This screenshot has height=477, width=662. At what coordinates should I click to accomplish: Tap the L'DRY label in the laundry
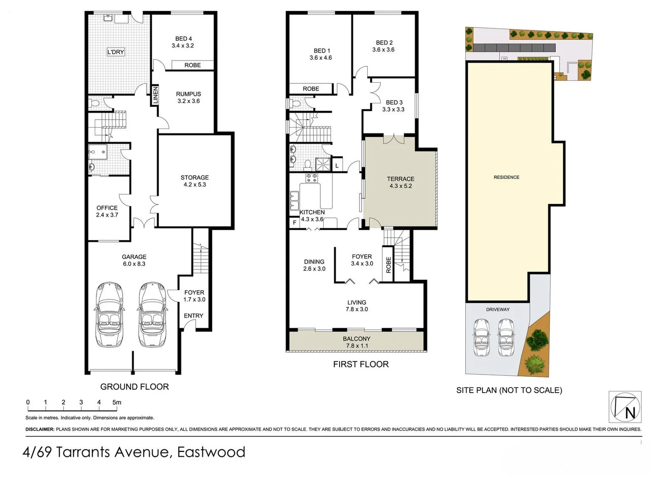[x=116, y=52]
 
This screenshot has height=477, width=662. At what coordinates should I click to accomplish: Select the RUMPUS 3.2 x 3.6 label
[x=188, y=97]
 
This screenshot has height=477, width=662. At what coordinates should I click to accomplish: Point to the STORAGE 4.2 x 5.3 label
[x=194, y=181]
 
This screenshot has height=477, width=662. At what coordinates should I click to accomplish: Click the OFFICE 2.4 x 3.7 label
[x=107, y=211]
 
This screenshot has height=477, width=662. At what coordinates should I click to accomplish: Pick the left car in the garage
[x=109, y=314]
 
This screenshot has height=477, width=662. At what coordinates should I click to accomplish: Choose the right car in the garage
[x=152, y=314]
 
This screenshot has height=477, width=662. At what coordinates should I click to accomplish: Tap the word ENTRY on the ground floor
[x=194, y=316]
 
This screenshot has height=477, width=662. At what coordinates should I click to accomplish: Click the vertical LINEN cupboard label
[x=155, y=95]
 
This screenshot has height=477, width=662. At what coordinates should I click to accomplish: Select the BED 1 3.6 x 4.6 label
[x=321, y=54]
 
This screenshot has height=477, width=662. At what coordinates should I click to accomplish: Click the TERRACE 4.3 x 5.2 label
[x=400, y=182]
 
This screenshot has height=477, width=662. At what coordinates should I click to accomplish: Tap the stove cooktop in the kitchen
[x=312, y=178]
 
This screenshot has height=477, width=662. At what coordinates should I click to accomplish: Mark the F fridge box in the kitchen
[x=295, y=223]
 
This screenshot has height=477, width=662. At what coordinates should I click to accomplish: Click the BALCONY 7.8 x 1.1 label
[x=356, y=342]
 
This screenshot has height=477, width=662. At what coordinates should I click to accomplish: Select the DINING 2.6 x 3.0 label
[x=314, y=265]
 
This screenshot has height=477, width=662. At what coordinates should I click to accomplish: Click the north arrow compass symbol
[x=625, y=407]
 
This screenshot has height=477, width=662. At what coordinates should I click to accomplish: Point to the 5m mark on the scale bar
[x=116, y=402]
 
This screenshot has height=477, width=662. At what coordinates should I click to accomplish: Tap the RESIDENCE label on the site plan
[x=506, y=177]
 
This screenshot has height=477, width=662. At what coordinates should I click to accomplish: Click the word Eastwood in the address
[x=211, y=452]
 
